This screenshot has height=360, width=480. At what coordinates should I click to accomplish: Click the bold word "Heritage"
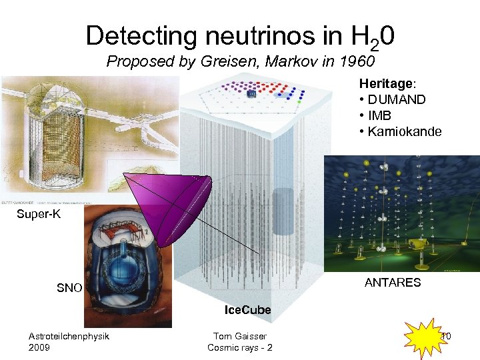[386, 84]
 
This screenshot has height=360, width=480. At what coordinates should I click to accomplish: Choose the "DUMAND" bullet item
[397, 100]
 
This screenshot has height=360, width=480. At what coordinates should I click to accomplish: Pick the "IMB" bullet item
[381, 115]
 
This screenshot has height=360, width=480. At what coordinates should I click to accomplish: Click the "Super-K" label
[37, 215]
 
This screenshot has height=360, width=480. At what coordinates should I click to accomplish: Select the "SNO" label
[69, 288]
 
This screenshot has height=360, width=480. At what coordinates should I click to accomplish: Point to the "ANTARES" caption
[393, 282]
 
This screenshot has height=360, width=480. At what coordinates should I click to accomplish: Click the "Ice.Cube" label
[247, 310]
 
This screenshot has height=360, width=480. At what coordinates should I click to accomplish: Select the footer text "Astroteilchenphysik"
[69, 336]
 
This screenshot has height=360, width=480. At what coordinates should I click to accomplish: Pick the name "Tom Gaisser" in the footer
[239, 336]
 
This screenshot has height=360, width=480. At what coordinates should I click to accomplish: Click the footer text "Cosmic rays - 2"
[239, 347]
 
